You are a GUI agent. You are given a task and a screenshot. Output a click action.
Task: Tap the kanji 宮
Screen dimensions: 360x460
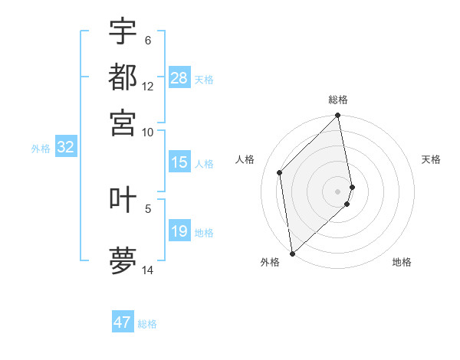(x=123, y=122)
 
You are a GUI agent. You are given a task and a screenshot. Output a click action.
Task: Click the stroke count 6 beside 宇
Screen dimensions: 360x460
(x=148, y=41)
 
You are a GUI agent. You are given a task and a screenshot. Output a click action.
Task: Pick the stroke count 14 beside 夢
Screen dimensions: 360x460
(x=148, y=270)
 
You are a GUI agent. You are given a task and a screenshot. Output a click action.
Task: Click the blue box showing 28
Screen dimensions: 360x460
(x=179, y=77)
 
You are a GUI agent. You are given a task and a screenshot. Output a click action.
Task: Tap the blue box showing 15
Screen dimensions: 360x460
(x=179, y=162)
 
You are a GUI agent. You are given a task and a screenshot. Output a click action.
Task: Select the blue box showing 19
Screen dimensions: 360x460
(x=179, y=231)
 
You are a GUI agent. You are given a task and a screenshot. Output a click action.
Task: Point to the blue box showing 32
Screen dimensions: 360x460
(x=65, y=147)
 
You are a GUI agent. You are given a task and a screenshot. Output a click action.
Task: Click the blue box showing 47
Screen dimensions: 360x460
(x=123, y=322)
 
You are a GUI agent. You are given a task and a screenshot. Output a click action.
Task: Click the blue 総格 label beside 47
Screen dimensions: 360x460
(x=147, y=324)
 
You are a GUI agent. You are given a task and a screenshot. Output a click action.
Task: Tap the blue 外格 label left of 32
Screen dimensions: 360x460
(x=40, y=149)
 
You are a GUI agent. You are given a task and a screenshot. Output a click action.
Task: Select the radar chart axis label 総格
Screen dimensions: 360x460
(x=338, y=100)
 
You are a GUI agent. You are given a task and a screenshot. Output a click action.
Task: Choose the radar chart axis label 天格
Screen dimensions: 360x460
(x=432, y=159)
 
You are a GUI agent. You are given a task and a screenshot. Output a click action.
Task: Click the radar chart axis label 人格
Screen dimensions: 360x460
(x=245, y=159)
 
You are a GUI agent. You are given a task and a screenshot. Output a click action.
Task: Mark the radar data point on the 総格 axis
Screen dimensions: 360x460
(x=338, y=116)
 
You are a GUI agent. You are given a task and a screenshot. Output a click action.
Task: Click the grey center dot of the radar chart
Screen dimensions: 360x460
(x=338, y=191)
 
